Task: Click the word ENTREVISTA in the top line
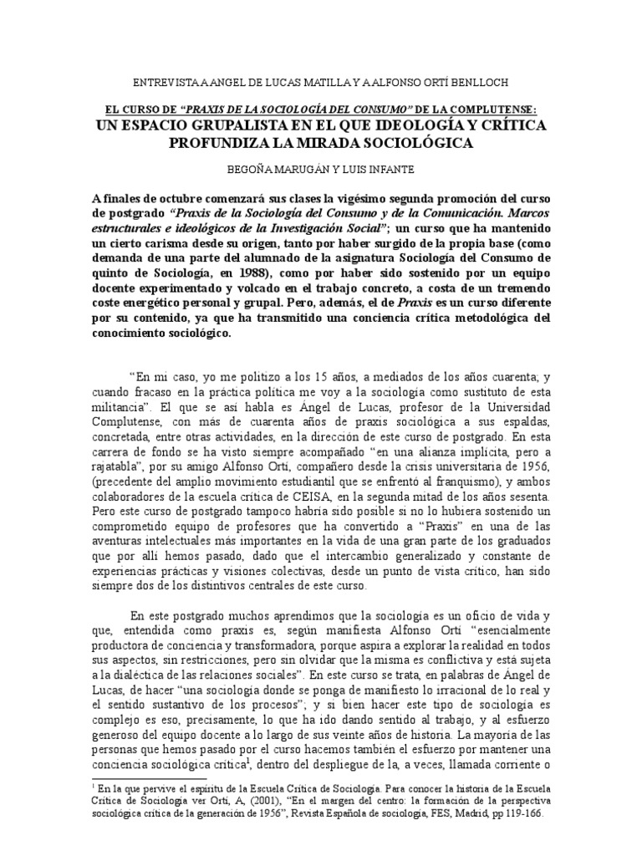coord(166,82)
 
